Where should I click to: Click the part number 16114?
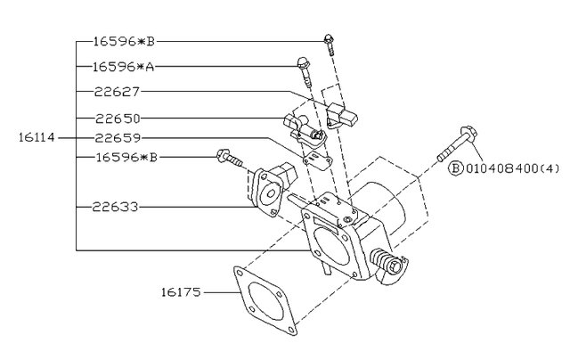[36, 138]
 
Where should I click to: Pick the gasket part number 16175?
[182, 291]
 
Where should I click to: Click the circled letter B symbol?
[454, 168]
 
